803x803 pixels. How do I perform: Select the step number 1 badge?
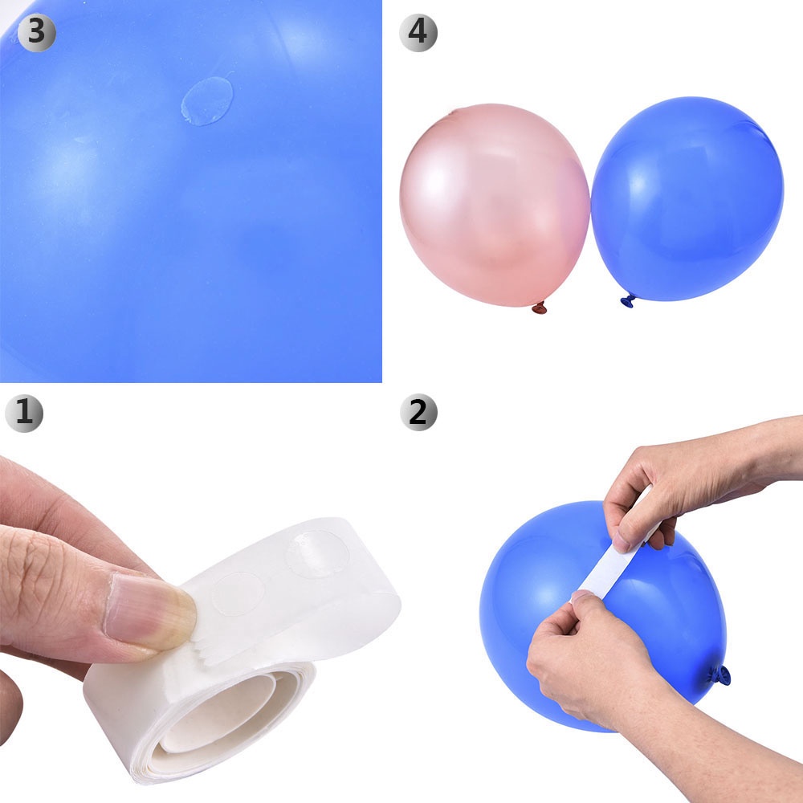click(23, 412)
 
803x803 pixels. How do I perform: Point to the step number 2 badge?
click(418, 412)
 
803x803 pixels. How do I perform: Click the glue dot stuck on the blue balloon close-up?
click(206, 100)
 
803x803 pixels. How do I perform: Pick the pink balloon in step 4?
click(494, 205)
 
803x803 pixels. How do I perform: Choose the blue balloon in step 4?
click(687, 197)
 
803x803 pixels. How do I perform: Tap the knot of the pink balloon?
click(540, 308)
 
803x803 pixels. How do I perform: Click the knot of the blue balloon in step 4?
click(628, 301)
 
